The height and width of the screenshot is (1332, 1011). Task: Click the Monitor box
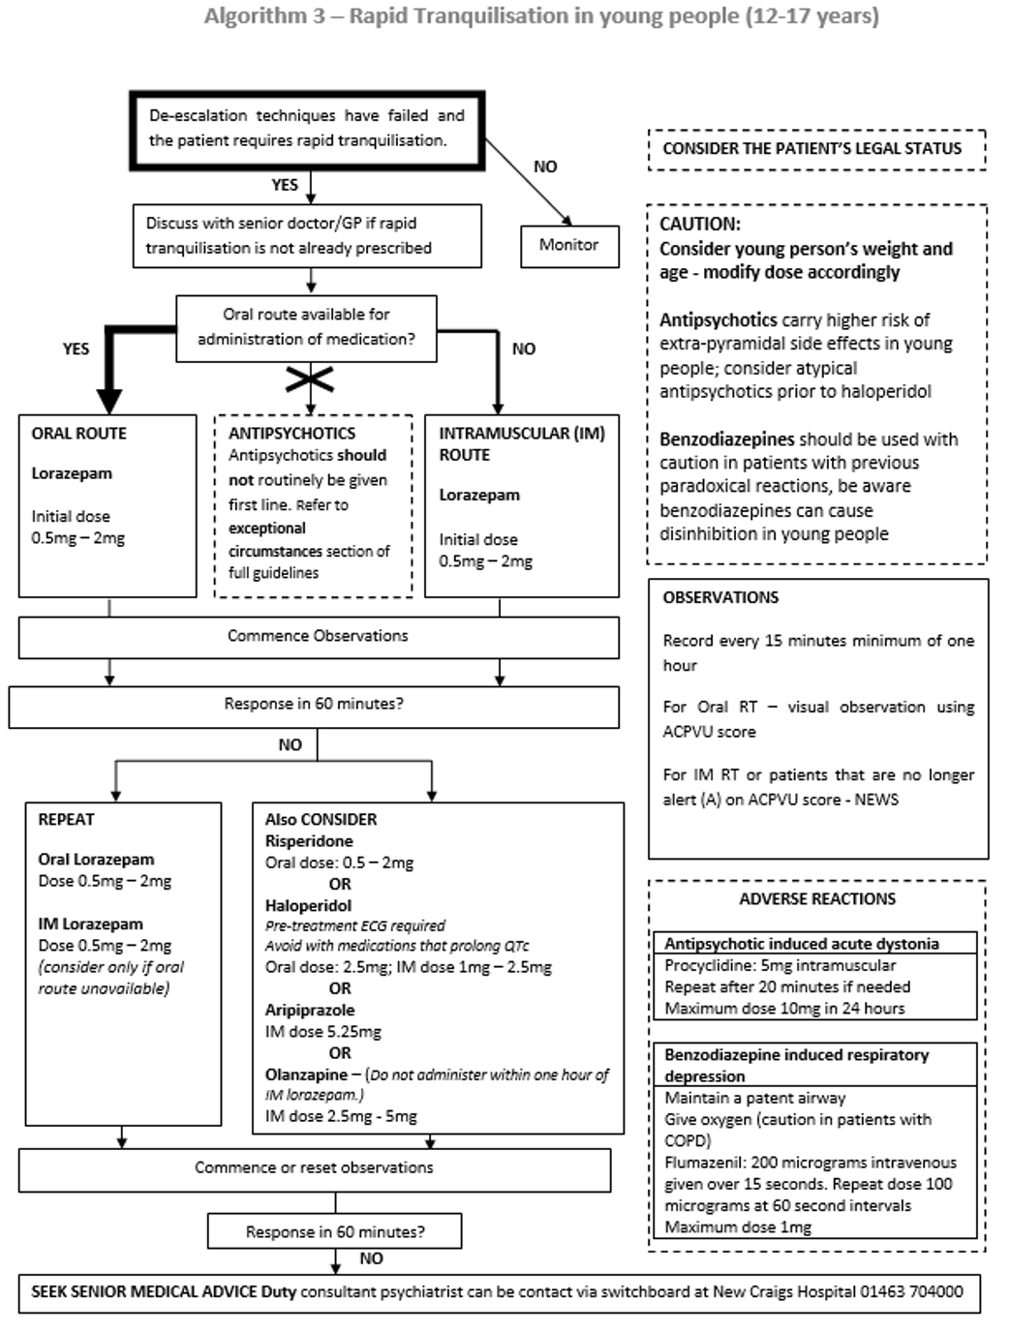tap(569, 246)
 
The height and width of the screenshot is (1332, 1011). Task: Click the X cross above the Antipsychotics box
tap(310, 379)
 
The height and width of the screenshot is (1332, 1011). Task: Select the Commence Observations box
tap(318, 637)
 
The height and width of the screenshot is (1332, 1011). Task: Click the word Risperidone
tap(309, 841)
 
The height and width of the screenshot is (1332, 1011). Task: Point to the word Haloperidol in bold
tap(308, 905)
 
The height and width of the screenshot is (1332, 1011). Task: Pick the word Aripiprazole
tap(310, 1010)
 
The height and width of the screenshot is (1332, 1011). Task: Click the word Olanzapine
tap(306, 1075)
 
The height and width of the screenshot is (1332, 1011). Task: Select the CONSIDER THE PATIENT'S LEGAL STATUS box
tap(812, 149)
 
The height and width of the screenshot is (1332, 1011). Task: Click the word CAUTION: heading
tap(699, 224)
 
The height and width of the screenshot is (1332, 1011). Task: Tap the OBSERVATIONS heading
tap(720, 597)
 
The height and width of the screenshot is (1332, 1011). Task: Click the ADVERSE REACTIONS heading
tap(817, 899)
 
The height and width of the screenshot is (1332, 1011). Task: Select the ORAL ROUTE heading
tap(78, 434)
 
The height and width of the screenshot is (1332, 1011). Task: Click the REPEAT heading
tap(66, 819)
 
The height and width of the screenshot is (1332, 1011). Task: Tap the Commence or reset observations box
tap(314, 1168)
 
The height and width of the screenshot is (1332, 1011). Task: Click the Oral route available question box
tap(306, 327)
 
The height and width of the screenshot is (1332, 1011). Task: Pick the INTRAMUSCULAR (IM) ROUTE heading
tap(521, 443)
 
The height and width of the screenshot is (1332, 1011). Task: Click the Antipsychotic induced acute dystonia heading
tap(801, 944)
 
